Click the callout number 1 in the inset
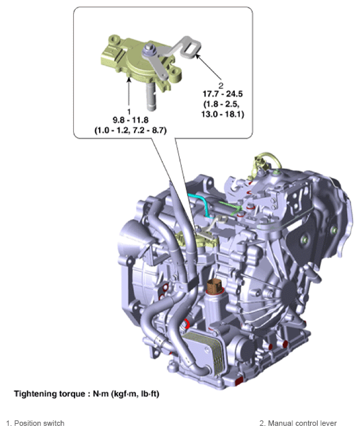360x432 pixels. (129, 111)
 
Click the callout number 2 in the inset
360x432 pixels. (221, 85)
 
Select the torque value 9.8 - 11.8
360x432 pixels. (130, 120)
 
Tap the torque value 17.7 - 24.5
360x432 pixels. (223, 94)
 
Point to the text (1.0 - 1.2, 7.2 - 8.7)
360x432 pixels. (130, 130)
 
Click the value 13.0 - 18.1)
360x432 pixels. (223, 114)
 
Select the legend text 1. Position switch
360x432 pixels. (35, 423)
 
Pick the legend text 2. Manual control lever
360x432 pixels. (298, 423)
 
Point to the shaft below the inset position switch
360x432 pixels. (150, 95)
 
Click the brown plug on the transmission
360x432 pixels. (215, 287)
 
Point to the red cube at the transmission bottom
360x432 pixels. (238, 381)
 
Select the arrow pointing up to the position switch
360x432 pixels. (128, 92)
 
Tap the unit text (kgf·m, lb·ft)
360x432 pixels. (135, 394)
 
